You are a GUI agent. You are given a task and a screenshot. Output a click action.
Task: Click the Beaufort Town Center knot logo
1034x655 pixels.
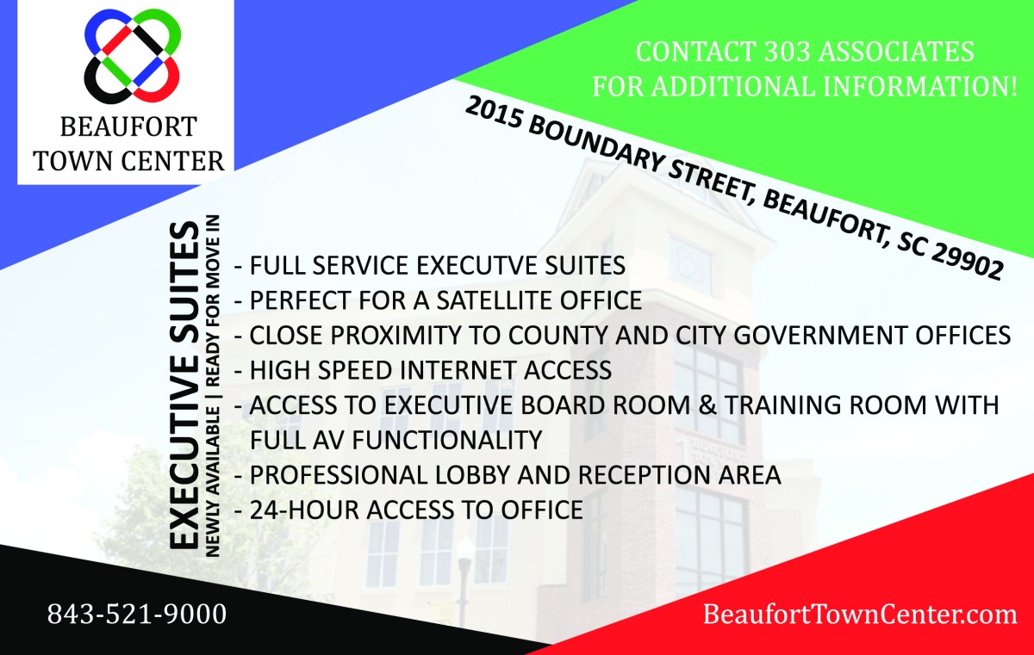click(x=133, y=56)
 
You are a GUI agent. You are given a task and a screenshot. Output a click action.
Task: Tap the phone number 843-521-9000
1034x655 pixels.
click(x=137, y=615)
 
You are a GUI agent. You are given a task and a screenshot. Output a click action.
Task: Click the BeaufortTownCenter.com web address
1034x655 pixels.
click(x=860, y=615)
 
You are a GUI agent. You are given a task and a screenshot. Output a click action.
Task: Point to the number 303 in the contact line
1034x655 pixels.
click(x=787, y=51)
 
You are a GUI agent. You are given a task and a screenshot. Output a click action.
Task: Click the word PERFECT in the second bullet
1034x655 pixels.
click(x=301, y=300)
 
